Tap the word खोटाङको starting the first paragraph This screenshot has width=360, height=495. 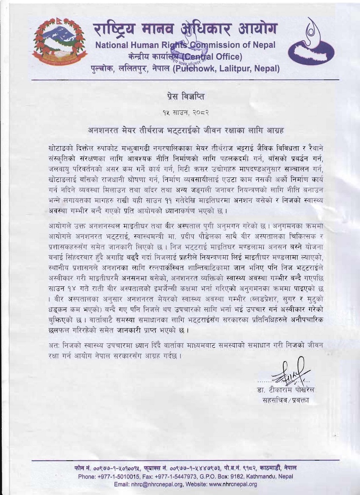(x=62, y=150)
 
